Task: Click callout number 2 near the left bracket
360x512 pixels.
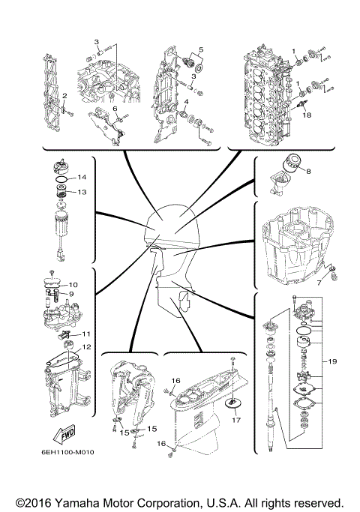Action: pos(65,96)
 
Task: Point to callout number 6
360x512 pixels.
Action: pos(115,109)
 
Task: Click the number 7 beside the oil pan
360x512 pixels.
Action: pos(318,284)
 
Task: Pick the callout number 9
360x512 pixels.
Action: pos(73,294)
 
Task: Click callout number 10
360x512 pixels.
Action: pos(73,285)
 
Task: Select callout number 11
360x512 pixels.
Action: pos(86,334)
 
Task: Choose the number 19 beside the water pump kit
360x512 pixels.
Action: pos(331,361)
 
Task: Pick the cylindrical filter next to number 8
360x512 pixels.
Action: pos(289,163)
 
